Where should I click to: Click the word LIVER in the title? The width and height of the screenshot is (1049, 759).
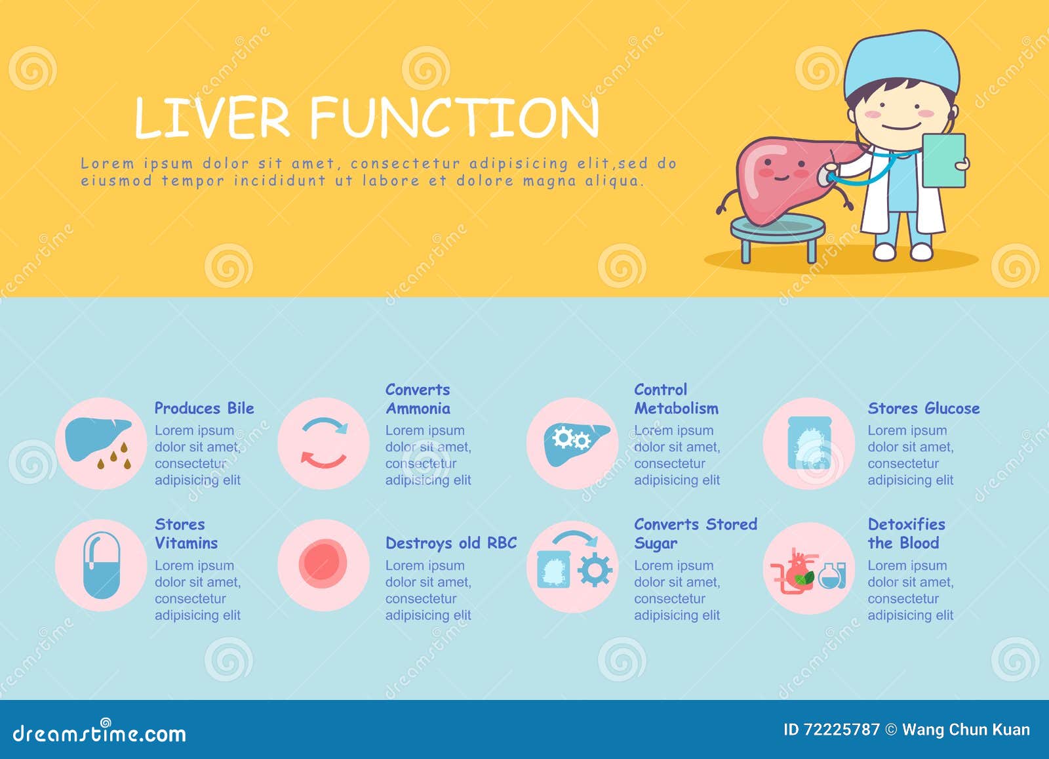(x=212, y=118)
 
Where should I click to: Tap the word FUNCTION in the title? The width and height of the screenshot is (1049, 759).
(x=454, y=118)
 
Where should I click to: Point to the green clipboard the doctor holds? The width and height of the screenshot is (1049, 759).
(x=943, y=160)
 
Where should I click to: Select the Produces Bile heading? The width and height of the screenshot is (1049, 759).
(x=204, y=408)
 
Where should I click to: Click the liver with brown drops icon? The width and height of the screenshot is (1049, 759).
(x=100, y=443)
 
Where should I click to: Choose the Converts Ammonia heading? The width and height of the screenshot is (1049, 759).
(x=418, y=399)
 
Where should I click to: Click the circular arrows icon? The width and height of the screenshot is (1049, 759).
(x=323, y=443)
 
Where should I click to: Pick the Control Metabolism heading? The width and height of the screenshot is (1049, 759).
(x=675, y=399)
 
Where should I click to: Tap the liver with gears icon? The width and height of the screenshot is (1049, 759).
(x=572, y=443)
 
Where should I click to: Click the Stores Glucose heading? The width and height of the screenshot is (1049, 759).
(x=923, y=408)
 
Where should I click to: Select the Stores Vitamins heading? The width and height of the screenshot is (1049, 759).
(x=186, y=533)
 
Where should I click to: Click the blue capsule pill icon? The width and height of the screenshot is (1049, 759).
(x=102, y=565)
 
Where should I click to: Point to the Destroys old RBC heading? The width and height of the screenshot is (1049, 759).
(x=450, y=543)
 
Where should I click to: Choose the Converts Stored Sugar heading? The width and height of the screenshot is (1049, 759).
(x=694, y=533)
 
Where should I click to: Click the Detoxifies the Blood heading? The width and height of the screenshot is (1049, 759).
(x=906, y=533)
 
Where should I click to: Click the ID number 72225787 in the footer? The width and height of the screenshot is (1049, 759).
(x=841, y=729)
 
